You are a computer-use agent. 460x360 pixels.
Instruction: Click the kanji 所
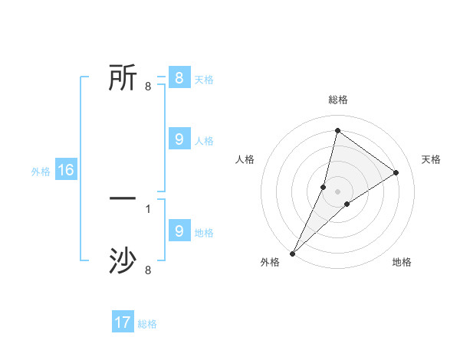click(x=123, y=77)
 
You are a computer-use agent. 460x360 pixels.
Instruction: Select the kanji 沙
click(x=123, y=261)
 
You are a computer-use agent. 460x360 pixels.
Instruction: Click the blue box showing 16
click(x=66, y=170)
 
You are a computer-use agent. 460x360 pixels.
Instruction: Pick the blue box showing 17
click(x=123, y=322)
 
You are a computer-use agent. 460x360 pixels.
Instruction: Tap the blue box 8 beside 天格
click(x=179, y=78)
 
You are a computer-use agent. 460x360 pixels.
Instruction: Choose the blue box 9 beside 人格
click(x=179, y=139)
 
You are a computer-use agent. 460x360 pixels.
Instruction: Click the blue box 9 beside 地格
click(x=179, y=231)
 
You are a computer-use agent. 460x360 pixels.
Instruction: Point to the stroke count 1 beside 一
click(x=147, y=208)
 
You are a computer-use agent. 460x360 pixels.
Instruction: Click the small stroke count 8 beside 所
click(x=147, y=87)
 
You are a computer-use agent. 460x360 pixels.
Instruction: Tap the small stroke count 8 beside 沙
click(x=147, y=270)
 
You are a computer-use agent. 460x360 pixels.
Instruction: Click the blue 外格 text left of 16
click(x=41, y=172)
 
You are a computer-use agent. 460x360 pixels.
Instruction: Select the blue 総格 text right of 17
click(x=147, y=324)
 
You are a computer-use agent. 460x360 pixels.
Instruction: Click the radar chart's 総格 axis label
click(x=337, y=100)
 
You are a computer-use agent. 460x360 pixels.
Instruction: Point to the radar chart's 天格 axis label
click(x=431, y=159)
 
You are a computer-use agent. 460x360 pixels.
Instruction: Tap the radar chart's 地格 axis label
click(x=402, y=262)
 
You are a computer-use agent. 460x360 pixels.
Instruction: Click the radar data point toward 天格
click(x=396, y=172)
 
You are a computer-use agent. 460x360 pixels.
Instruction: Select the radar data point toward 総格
click(x=337, y=130)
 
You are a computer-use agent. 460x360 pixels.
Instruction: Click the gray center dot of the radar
click(x=337, y=191)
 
